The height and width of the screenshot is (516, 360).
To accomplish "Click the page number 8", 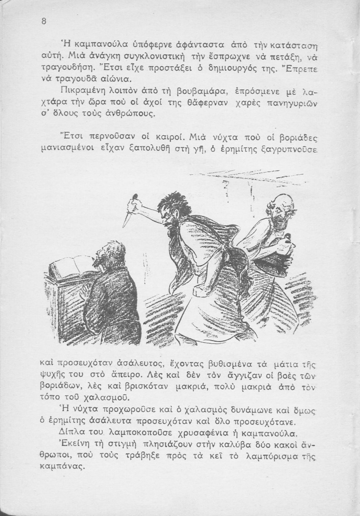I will [44, 21].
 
